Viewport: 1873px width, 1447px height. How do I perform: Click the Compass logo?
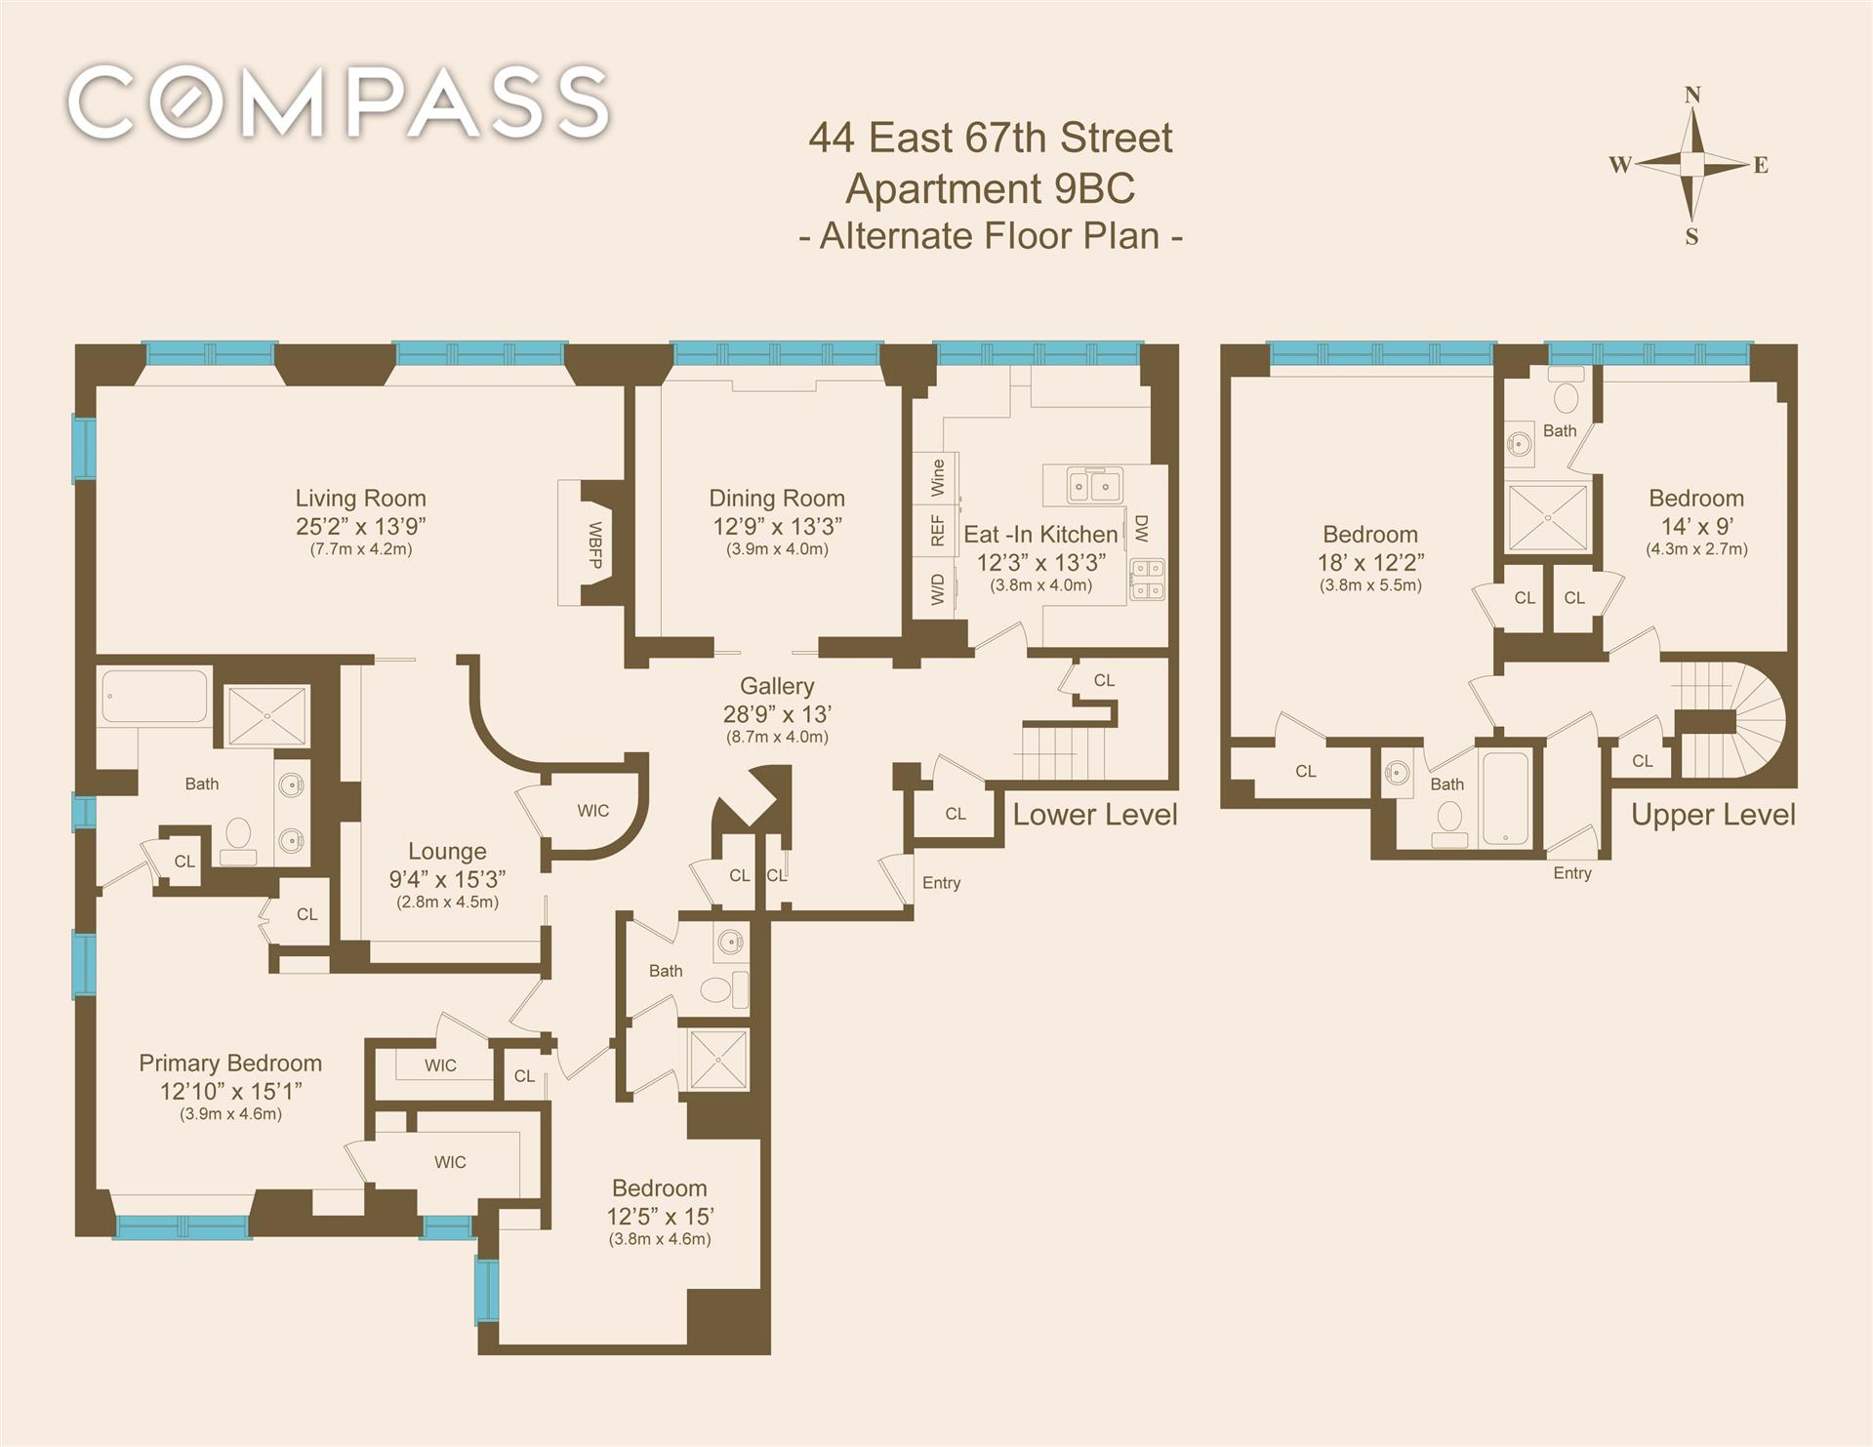click(339, 102)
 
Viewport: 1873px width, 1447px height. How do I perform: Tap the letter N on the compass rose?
click(1693, 95)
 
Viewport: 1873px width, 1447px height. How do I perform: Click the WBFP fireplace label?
click(594, 545)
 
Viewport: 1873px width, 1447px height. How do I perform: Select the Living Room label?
click(361, 498)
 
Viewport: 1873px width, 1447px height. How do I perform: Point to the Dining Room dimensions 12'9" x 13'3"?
click(777, 526)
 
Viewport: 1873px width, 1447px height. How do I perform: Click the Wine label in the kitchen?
click(938, 476)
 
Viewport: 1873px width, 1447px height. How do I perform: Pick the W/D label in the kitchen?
click(938, 588)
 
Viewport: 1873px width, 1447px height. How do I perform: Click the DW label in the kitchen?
click(1141, 529)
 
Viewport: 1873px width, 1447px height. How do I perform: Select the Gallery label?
click(777, 686)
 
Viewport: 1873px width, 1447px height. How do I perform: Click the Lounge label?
click(447, 851)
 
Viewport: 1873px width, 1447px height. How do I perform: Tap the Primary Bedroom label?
click(230, 1063)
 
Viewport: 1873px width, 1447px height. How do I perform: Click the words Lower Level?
click(1095, 815)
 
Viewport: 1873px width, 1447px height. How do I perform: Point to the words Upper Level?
click(1713, 815)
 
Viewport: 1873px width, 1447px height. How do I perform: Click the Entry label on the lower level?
click(942, 883)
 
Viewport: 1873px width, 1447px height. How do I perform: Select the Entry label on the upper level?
click(1572, 873)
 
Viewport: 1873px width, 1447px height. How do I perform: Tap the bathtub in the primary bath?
click(154, 696)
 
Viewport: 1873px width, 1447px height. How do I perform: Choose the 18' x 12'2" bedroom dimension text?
click(1370, 562)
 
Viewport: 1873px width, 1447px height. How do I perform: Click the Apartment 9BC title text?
click(990, 188)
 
